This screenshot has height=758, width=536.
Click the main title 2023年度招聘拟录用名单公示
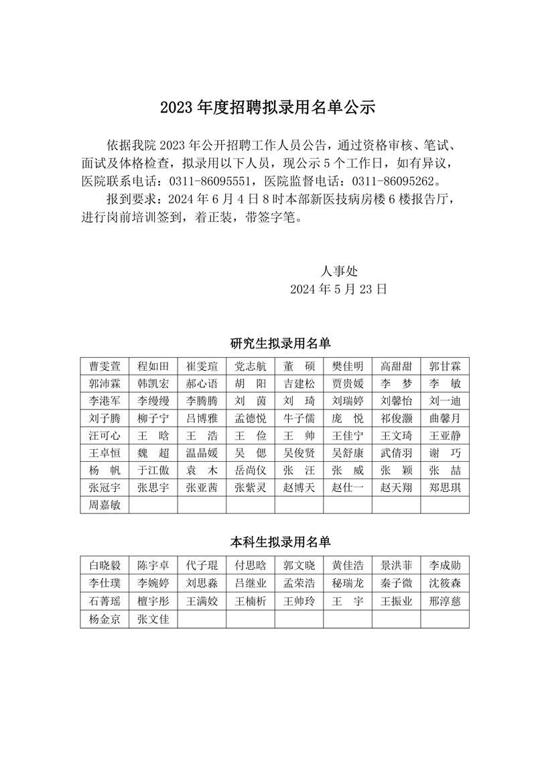point(267,107)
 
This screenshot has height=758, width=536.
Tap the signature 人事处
point(339,271)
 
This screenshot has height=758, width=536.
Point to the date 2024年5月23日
point(338,290)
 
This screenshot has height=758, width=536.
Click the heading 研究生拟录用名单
point(281,344)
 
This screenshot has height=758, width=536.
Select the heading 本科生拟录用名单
point(281,541)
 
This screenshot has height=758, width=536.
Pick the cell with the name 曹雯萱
point(105,366)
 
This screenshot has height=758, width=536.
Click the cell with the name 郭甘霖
point(445,366)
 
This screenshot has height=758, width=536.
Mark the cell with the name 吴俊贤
point(299,453)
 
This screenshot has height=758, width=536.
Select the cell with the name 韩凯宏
point(153,383)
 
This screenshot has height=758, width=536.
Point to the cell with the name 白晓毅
point(105,564)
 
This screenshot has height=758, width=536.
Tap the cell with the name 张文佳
point(153,619)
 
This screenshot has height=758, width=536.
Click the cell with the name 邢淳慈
point(445,601)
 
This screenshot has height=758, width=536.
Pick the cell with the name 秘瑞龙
point(348,582)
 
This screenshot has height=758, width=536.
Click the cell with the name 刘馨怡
point(396,401)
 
